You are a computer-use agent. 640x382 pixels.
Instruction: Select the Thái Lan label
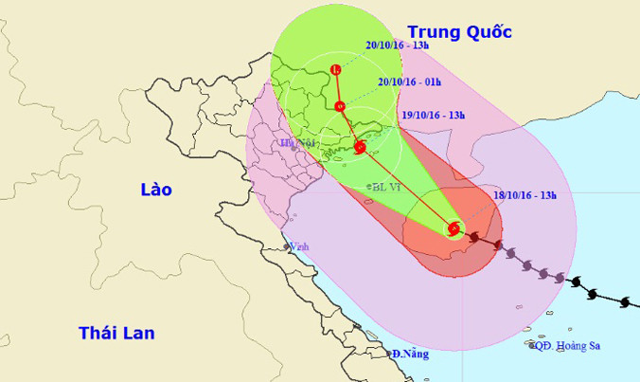click(x=116, y=333)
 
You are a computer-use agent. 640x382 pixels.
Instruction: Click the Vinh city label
click(x=300, y=246)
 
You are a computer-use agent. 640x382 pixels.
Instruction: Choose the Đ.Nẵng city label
click(x=409, y=354)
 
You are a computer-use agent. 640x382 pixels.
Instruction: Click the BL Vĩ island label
click(x=387, y=188)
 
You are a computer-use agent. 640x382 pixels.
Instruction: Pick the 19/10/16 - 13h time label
click(x=433, y=115)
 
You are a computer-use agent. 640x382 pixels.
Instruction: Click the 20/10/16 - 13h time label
click(x=399, y=44)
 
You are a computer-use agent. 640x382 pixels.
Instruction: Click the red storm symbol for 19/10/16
click(x=360, y=147)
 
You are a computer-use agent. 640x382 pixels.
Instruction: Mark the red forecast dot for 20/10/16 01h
click(x=340, y=105)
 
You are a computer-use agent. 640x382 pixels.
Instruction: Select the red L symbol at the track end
click(x=336, y=68)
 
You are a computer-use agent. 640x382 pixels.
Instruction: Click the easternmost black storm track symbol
click(x=624, y=302)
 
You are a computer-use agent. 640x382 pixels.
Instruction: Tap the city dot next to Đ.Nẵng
click(x=389, y=354)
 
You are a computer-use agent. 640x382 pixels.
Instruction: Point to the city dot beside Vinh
click(x=288, y=247)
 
